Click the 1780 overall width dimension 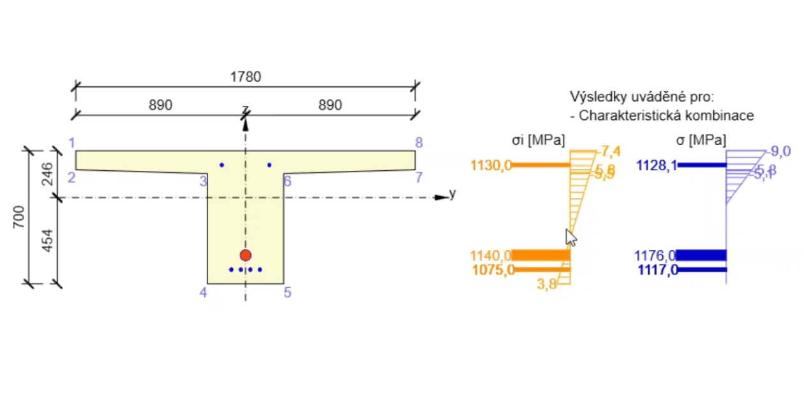tap(246, 77)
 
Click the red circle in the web tap(246, 255)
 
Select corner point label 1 tap(72, 142)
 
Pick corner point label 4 tap(203, 293)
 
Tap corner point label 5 tap(288, 293)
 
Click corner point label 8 tap(419, 142)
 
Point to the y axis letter tap(452, 193)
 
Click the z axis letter tap(245, 109)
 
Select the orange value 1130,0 tap(491, 166)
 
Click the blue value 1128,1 tap(657, 166)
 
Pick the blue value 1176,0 tap(655, 256)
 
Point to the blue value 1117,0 tap(657, 271)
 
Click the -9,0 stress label tap(780, 151)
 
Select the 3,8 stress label tap(547, 285)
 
